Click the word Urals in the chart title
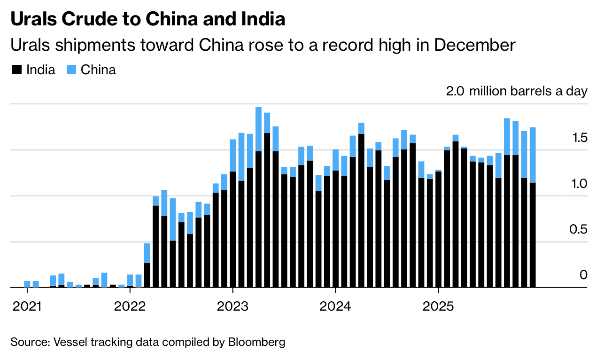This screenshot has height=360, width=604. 31,19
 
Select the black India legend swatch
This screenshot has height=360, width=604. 17,70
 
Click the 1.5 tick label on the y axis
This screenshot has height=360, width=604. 579,138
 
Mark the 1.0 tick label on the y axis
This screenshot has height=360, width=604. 579,184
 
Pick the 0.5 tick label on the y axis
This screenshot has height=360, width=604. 579,230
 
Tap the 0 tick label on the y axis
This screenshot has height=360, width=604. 583,275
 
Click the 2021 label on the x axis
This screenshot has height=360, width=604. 27,307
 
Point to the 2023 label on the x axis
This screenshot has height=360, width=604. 232,307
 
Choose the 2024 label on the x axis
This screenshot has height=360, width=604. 335,307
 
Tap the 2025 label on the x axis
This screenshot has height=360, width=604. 438,307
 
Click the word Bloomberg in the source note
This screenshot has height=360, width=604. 257,342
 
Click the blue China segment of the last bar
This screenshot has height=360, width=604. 533,155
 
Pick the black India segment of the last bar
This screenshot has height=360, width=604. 533,235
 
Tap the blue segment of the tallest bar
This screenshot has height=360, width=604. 259,129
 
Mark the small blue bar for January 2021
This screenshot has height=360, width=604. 27,284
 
